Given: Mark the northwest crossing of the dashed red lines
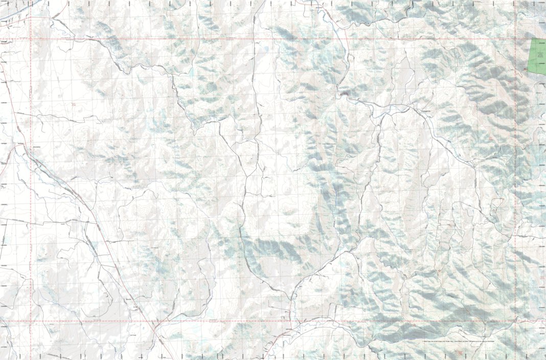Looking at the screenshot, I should (31, 38).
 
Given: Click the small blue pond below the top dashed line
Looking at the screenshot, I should (265, 50).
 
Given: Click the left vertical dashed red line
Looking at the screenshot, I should (31, 179).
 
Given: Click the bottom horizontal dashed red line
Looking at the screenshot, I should (256, 321).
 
